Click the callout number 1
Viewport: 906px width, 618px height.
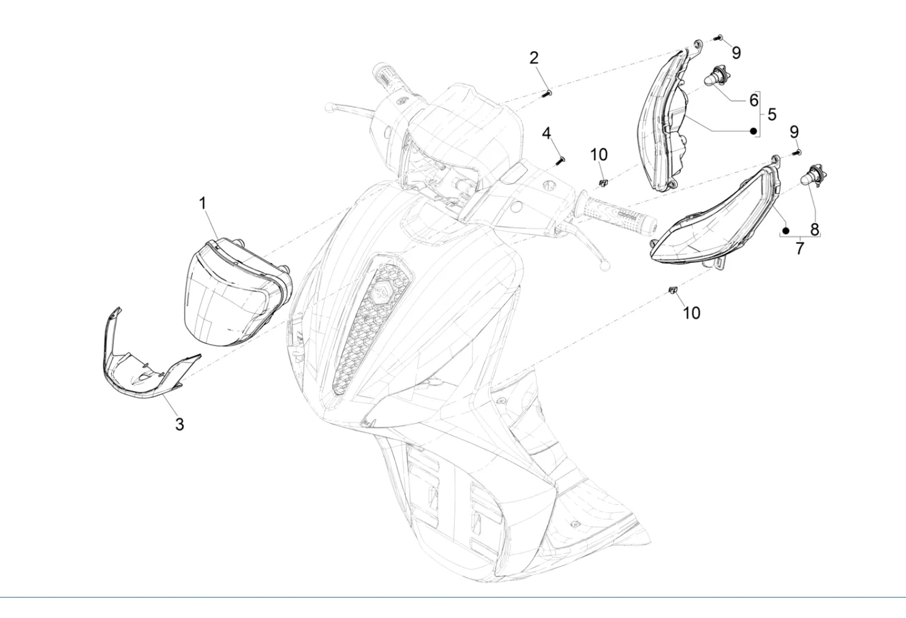click(203, 204)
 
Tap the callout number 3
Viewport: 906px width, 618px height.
click(179, 424)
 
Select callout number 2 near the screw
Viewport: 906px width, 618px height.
click(534, 58)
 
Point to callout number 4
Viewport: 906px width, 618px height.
click(547, 133)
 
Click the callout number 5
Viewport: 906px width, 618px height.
click(772, 114)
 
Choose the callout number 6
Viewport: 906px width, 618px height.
click(753, 100)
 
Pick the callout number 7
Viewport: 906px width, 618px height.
click(799, 248)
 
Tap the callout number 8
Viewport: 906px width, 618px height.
click(814, 229)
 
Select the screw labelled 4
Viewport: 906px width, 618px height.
click(560, 160)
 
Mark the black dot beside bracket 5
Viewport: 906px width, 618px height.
click(753, 131)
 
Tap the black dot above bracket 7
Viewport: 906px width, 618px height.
click(785, 231)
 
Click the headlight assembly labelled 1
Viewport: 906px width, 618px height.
click(237, 292)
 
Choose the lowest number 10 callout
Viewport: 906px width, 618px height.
click(691, 313)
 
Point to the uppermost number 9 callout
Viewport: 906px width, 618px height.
click(736, 52)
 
